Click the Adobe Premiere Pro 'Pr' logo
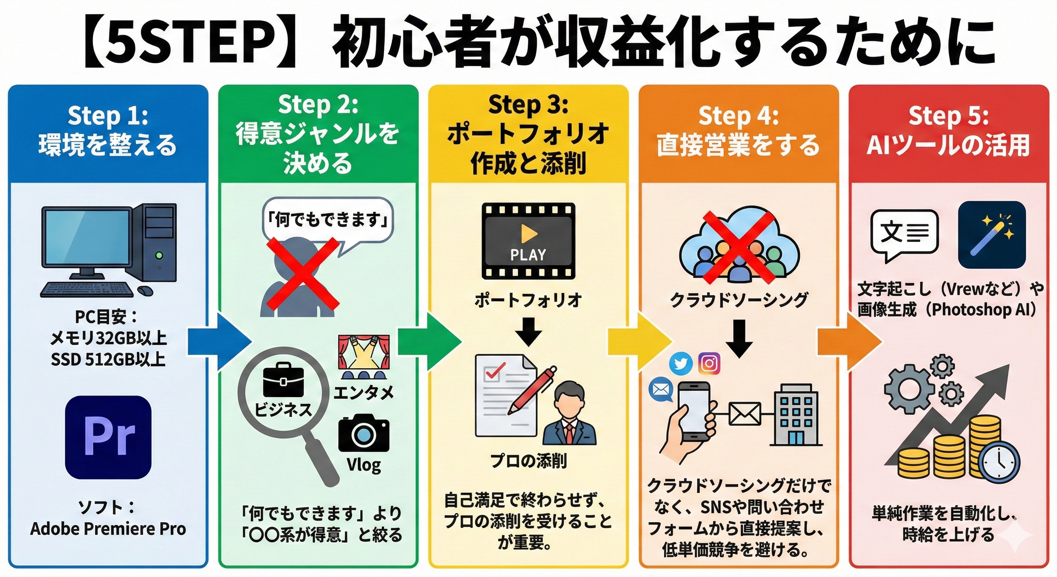tap(108, 437)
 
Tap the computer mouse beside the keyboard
tap(145, 290)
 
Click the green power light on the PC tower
tap(159, 255)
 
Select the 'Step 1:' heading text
tap(107, 116)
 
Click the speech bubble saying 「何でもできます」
tap(327, 220)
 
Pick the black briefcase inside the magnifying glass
tap(283, 380)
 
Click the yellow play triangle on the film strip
tap(528, 234)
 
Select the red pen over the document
tap(532, 390)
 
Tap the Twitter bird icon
tap(681, 364)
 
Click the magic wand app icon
tap(991, 235)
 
